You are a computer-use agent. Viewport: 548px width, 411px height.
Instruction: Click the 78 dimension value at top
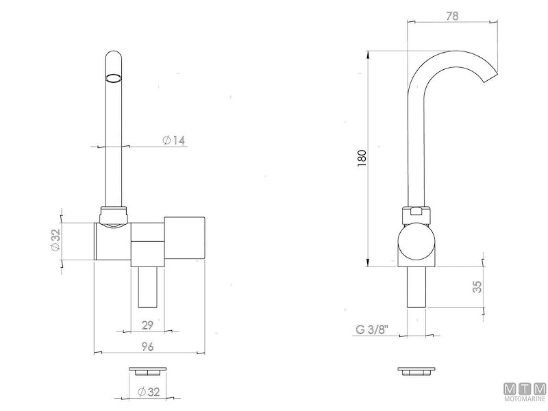pyautogui.click(x=452, y=16)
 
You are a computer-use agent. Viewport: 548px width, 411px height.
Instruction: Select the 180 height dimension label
pyautogui.click(x=362, y=158)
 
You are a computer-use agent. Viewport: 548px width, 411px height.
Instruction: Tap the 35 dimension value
pyautogui.click(x=477, y=286)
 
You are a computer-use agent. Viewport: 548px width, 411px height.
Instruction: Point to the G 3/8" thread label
pyautogui.click(x=372, y=329)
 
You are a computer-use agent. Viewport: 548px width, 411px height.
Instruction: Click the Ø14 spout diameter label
pyautogui.click(x=174, y=140)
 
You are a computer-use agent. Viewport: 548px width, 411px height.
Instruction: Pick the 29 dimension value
pyautogui.click(x=147, y=325)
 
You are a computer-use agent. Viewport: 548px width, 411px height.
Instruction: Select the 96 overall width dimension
pyautogui.click(x=147, y=347)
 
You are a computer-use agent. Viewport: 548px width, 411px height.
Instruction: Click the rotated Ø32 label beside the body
pyautogui.click(x=55, y=240)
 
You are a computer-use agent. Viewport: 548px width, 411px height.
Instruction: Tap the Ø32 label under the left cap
pyautogui.click(x=149, y=392)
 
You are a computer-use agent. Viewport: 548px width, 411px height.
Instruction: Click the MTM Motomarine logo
pyautogui.click(x=525, y=391)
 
